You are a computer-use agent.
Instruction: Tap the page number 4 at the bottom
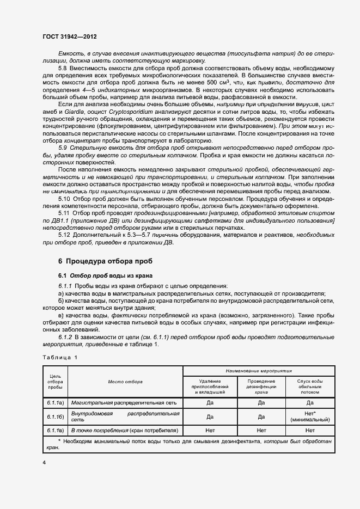(x=44, y=462)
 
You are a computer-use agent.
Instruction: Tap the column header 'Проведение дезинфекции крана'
(x=261, y=387)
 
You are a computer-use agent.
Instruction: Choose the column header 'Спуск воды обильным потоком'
(x=310, y=387)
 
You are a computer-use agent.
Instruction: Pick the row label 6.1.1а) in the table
(x=54, y=403)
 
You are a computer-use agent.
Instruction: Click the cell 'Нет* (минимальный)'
(x=310, y=417)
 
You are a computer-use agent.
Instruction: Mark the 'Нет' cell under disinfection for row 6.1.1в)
(x=261, y=430)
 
